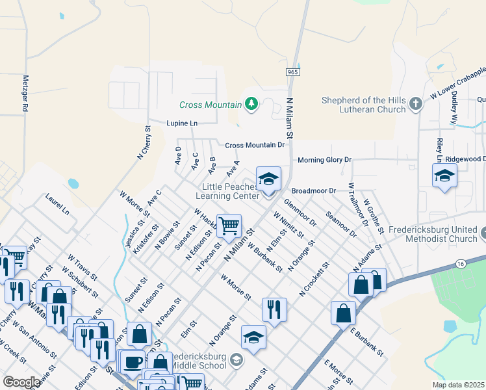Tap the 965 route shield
[x=292, y=72]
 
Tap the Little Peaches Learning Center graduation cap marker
[x=268, y=179]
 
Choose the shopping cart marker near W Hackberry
[x=229, y=226]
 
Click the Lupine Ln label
[x=181, y=123]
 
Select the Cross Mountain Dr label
[x=255, y=145]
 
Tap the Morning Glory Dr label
[x=324, y=160]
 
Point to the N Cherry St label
[x=144, y=143]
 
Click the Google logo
[x=21, y=382]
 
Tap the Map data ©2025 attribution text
[x=458, y=385]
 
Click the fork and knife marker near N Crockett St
[x=274, y=309]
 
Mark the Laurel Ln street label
[x=57, y=203]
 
